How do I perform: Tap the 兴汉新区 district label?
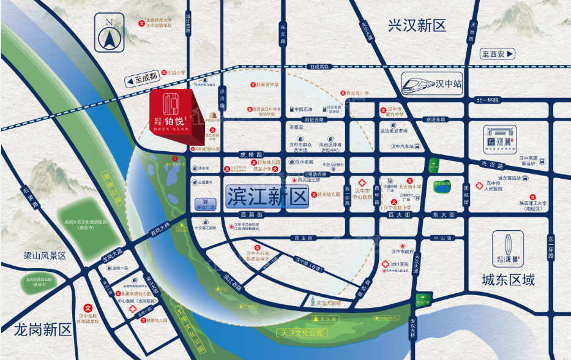pos(417,26)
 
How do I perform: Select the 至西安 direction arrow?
pos(498,54)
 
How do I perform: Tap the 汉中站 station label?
pos(448,83)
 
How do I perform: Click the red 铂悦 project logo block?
pos(173,113)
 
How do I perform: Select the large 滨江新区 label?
pos(266,197)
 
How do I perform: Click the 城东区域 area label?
pos(508,280)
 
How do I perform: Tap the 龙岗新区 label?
pos(36,329)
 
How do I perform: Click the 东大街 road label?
pos(444,215)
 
